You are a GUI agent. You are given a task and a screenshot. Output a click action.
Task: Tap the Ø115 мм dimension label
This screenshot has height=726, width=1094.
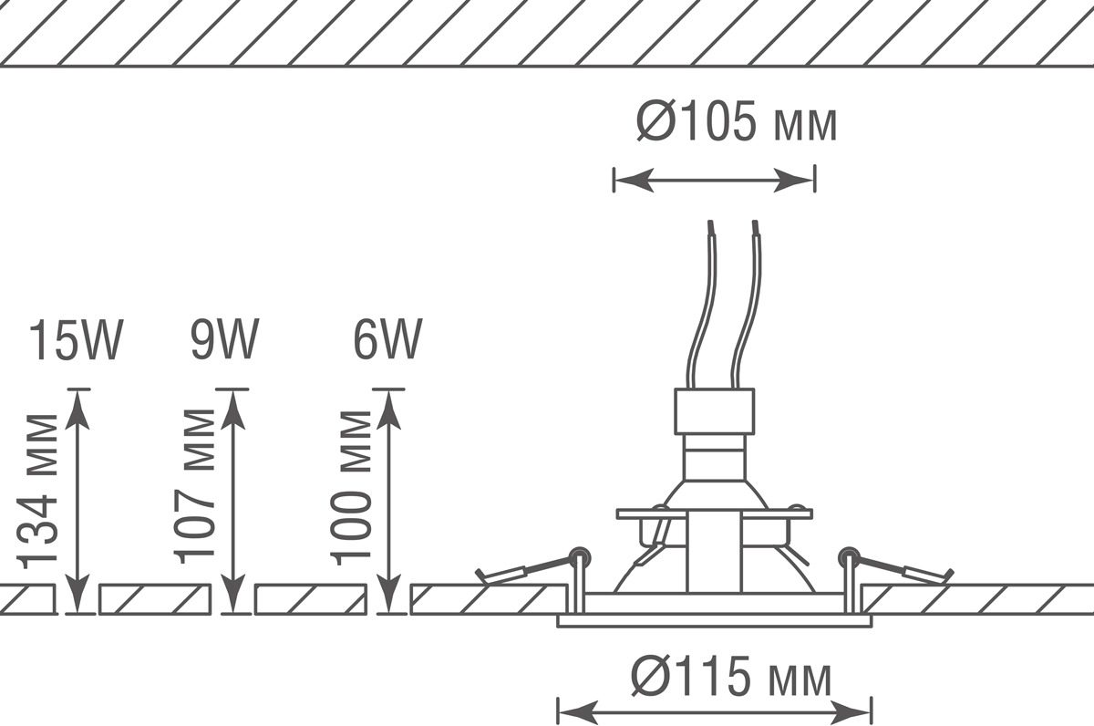[731, 676]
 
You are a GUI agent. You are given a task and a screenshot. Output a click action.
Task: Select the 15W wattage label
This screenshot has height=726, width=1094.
[76, 340]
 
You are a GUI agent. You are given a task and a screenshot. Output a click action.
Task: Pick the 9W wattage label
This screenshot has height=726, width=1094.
[224, 340]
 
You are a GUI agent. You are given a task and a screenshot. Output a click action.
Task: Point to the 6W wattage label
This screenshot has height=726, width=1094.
[387, 340]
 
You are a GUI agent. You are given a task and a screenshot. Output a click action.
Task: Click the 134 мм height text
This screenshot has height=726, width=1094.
[37, 492]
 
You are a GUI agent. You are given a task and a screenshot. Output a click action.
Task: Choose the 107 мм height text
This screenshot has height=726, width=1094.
[194, 486]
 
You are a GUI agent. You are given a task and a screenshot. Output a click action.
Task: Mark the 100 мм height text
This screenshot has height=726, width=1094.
[350, 488]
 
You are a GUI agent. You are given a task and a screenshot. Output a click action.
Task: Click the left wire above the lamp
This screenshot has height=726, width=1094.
[703, 306]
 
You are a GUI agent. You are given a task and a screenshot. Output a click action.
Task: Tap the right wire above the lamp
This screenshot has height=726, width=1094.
[747, 306]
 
